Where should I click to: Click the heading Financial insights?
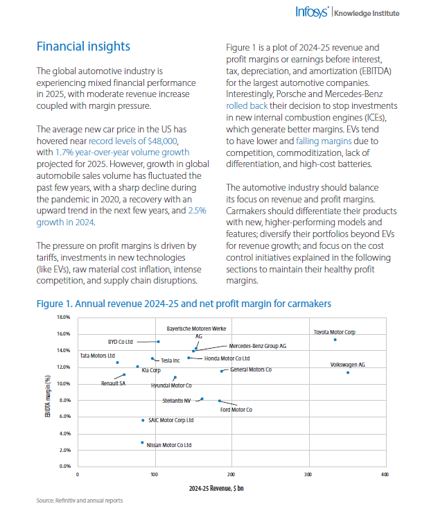[x=83, y=46]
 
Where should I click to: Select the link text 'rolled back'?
[x=247, y=105]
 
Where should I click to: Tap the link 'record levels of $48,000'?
[x=133, y=141]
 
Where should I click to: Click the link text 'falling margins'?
[x=324, y=141]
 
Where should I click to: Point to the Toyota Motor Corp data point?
[x=335, y=340]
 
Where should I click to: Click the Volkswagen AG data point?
[x=348, y=372]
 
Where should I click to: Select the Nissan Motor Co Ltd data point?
[x=142, y=442]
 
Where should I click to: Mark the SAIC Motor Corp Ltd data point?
[x=143, y=421]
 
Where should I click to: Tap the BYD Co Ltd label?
[x=121, y=342]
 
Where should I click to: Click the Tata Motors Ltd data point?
[x=118, y=363]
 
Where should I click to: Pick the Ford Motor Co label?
[x=236, y=410]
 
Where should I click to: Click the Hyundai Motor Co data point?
[x=175, y=378]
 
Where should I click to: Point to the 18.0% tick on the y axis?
[x=64, y=317]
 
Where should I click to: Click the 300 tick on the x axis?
[x=308, y=474]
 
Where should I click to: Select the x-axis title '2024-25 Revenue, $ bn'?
[x=216, y=488]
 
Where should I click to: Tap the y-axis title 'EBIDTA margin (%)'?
[x=48, y=396]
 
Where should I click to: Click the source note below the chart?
[x=80, y=501]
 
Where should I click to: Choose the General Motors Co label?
[x=251, y=369]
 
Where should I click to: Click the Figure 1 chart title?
[x=184, y=304]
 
